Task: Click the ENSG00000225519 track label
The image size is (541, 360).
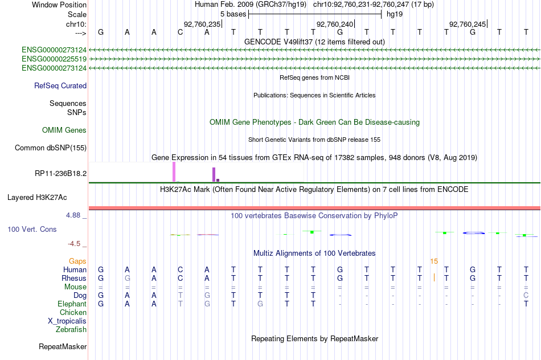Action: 54,59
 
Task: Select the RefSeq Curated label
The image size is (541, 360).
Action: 60,85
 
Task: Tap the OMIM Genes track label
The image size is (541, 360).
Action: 64,130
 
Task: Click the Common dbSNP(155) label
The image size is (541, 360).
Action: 51,148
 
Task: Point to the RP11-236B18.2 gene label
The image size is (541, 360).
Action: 61,173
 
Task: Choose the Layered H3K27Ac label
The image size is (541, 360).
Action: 37,198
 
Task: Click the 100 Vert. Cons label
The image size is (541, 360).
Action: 32,229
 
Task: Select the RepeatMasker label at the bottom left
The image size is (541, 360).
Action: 63,346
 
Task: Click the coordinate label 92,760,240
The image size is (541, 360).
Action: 335,24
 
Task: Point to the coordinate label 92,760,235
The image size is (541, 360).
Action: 202,24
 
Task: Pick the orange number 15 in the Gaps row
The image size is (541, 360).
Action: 434,261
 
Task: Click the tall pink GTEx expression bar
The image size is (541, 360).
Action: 174,171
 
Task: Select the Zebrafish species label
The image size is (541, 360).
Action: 71,329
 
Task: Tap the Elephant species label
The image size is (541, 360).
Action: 72,304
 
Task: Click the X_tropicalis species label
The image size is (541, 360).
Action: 67,321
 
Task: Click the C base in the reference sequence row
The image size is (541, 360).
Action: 180,32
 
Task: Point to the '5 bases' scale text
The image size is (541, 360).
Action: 233,14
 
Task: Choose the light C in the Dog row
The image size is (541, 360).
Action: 526,295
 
